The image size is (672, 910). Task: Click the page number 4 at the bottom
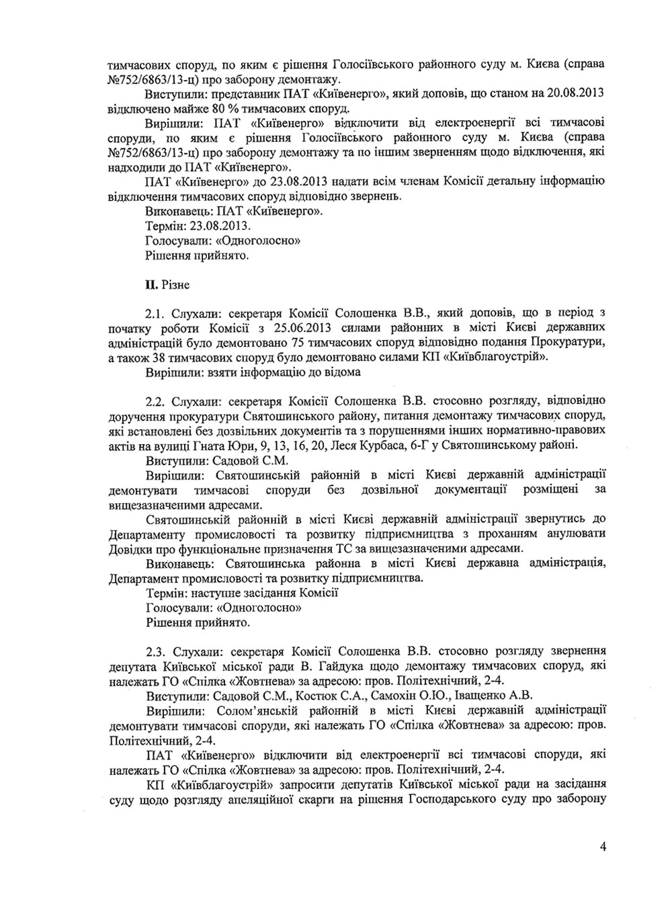click(x=603, y=847)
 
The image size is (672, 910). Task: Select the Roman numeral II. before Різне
click(x=151, y=285)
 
